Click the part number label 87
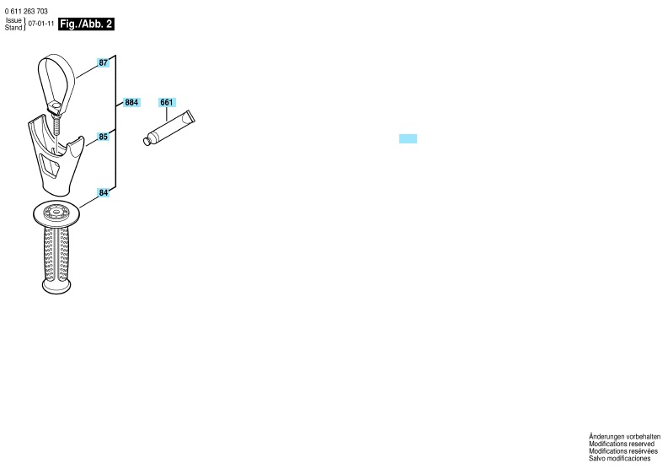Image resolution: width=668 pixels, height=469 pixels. click(103, 62)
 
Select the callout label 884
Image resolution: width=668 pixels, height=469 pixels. click(131, 102)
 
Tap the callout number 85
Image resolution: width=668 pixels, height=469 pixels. click(103, 137)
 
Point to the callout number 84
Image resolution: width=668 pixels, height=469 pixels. click(103, 193)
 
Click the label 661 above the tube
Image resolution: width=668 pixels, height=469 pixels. click(167, 102)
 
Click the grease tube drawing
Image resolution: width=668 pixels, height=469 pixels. click(168, 128)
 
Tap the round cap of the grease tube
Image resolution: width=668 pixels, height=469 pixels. click(147, 141)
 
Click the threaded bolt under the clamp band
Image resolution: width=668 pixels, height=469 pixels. click(56, 125)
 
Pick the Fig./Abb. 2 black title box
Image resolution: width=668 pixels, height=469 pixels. click(87, 24)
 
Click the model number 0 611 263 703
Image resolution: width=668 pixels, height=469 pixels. click(26, 12)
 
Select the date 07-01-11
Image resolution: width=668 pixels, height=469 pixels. click(41, 24)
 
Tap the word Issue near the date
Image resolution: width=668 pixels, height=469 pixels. click(13, 20)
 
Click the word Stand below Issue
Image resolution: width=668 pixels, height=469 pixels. click(13, 27)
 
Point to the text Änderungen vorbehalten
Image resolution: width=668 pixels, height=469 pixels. click(624, 437)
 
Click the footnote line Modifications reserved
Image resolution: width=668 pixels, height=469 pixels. click(622, 444)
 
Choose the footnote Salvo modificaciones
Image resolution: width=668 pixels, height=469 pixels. click(619, 458)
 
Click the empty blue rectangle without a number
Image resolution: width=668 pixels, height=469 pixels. click(408, 138)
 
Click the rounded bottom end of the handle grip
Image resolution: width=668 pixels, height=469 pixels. click(56, 287)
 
